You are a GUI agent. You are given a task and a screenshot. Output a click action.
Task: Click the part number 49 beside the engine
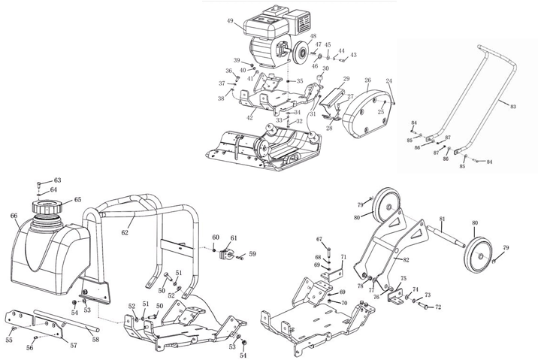point(229,21)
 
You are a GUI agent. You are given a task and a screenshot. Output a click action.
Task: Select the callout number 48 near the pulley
point(313,36)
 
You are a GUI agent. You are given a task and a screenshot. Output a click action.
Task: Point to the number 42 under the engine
point(249,116)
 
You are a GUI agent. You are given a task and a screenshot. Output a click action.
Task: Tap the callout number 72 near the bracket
point(438,308)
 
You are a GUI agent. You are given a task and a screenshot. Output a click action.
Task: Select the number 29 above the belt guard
point(346,78)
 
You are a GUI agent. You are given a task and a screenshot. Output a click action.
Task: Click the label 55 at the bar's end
point(9,340)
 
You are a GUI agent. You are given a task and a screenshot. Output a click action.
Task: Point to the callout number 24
point(389,80)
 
